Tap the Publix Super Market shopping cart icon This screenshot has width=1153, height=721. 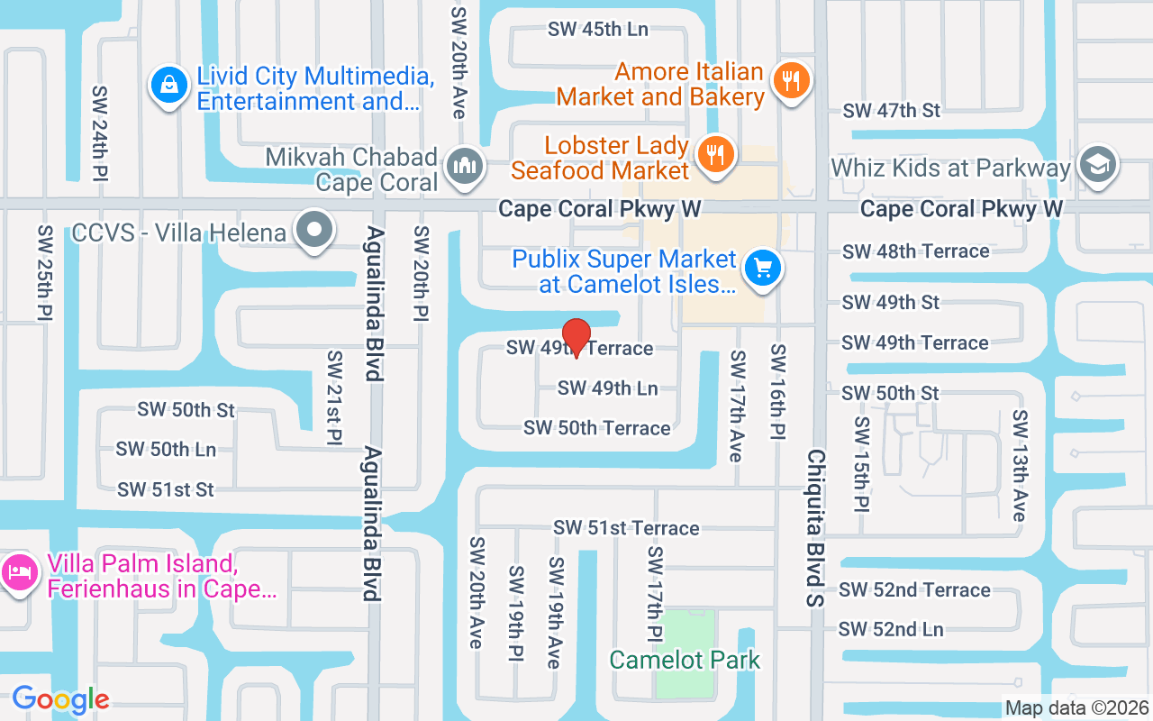tap(763, 269)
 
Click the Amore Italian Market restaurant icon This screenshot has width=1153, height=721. tap(791, 82)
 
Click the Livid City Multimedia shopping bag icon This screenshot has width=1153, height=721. tap(168, 87)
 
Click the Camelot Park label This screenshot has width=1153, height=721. tap(685, 660)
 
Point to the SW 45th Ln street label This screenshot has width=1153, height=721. tap(598, 29)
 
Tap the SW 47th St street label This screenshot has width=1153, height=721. tap(891, 111)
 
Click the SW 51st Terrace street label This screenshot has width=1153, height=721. tap(626, 528)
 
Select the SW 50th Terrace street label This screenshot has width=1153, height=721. tap(597, 428)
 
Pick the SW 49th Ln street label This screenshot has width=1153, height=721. tap(608, 388)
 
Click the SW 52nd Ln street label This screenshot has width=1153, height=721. tap(891, 629)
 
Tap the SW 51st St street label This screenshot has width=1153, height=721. tap(166, 490)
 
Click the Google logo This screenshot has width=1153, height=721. tap(60, 699)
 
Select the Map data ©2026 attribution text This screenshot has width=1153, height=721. tap(1076, 708)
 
